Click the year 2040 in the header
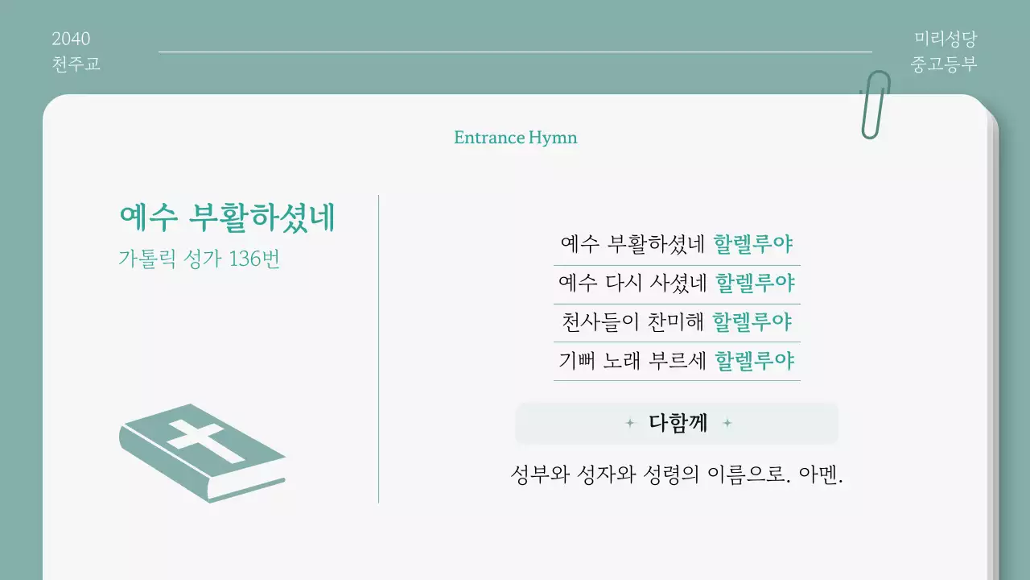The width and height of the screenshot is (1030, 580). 71,39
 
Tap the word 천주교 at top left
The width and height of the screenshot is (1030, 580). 76,64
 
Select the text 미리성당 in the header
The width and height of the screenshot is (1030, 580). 945,39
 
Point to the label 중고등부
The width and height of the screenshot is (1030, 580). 944,64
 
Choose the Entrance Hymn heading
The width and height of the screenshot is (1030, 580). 515,138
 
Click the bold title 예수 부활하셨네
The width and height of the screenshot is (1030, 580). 227,217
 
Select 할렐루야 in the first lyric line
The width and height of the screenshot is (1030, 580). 754,243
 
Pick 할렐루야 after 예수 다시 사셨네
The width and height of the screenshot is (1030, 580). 755,283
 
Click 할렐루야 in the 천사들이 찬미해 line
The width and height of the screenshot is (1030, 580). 753,322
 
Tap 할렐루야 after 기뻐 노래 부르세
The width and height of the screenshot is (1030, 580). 755,360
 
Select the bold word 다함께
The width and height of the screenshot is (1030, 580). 678,423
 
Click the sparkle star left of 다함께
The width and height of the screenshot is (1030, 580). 630,423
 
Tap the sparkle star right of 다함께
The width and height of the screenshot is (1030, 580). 727,423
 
